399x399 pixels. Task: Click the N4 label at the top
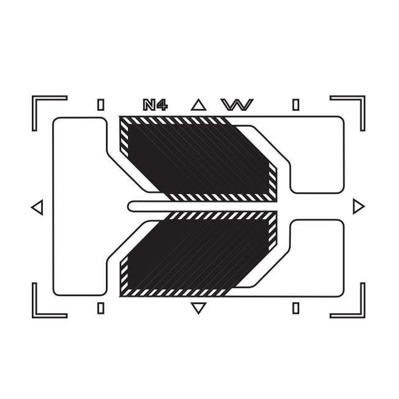pyautogui.click(x=155, y=105)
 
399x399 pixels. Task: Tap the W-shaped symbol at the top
pyautogui.click(x=237, y=105)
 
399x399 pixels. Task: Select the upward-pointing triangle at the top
pyautogui.click(x=198, y=105)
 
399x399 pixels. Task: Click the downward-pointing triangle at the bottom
pyautogui.click(x=198, y=308)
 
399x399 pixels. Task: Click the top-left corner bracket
pyautogui.click(x=35, y=99)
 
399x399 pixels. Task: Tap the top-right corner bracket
pyautogui.click(x=362, y=99)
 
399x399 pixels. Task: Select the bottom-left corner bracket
pyautogui.click(x=35, y=315)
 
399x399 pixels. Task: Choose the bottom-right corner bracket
pyautogui.click(x=362, y=315)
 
